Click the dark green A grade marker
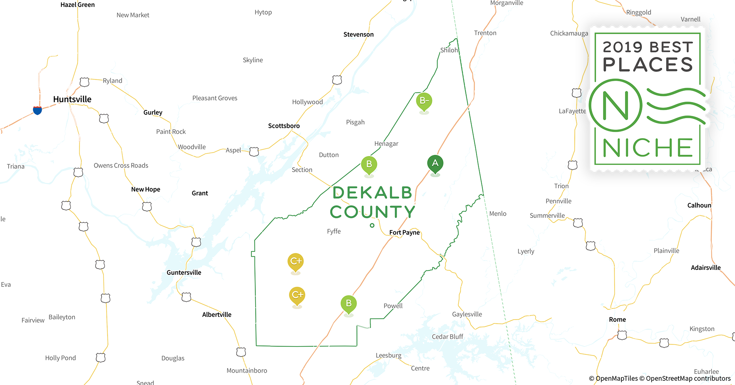tap(435, 164)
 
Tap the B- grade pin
tap(424, 101)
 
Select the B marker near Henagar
tap(369, 165)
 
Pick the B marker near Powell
tap(349, 303)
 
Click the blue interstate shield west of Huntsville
tap(37, 110)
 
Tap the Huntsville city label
tap(72, 99)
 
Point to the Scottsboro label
tap(284, 126)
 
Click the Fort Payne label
tap(404, 233)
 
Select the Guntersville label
tap(184, 273)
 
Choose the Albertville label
tap(217, 315)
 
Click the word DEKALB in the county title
tap(373, 193)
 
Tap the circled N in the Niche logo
tap(616, 105)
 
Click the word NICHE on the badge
tap(648, 148)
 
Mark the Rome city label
tap(617, 320)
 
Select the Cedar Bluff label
tap(448, 337)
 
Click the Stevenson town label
tap(359, 35)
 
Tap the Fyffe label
tap(334, 231)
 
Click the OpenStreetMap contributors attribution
tap(688, 378)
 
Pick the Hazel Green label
tap(78, 5)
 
